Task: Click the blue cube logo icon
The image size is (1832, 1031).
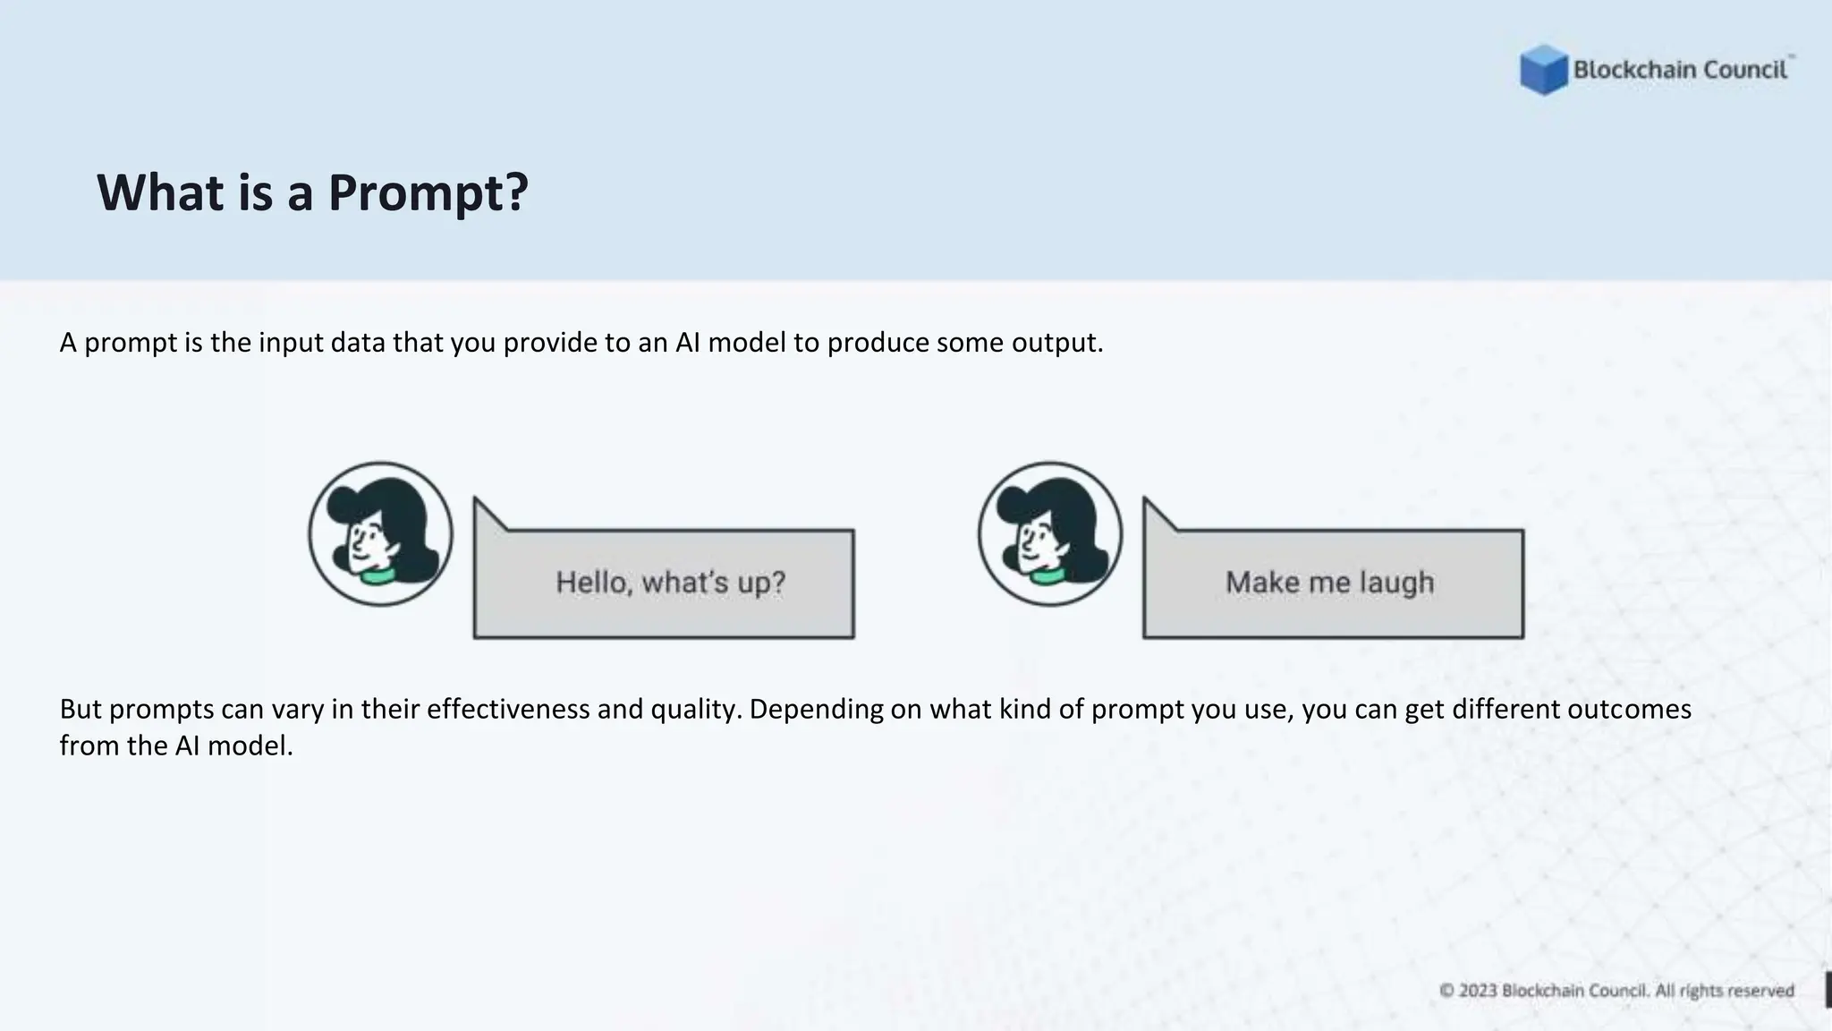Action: tap(1543, 70)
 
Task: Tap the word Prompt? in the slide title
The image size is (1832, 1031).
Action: tap(428, 192)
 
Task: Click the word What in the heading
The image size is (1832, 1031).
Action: tap(160, 192)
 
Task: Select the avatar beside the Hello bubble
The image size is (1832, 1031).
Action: tap(381, 534)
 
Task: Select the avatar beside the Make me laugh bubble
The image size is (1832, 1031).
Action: tap(1050, 534)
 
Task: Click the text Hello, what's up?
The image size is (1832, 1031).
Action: tap(670, 583)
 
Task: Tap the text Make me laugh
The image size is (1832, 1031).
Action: tap(1330, 583)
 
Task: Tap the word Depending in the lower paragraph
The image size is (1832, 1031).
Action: tap(816, 710)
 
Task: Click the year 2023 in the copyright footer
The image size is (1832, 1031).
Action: tap(1478, 991)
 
